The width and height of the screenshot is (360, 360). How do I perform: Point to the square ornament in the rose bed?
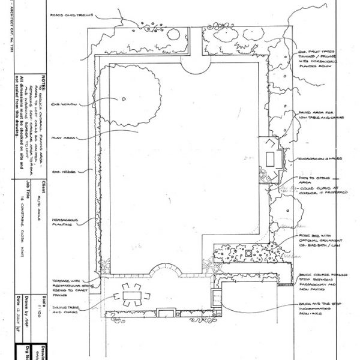[x=248, y=254]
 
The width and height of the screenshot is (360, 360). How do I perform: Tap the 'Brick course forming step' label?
[x=320, y=278]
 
